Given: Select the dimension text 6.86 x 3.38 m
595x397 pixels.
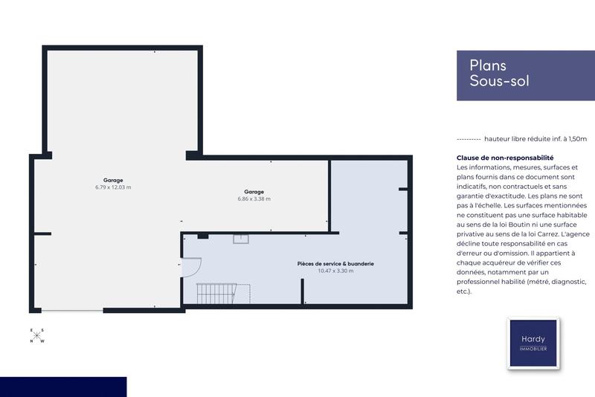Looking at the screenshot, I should [254, 199].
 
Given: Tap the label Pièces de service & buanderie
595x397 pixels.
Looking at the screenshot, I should [335, 263].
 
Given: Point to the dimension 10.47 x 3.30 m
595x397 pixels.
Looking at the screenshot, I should [335, 271].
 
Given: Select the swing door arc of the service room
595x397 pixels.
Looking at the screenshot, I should [193, 268].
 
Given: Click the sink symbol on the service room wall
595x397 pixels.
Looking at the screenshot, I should [240, 239].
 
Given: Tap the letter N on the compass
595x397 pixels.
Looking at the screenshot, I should [31, 341].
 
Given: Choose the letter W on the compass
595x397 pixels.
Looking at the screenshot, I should [42, 341].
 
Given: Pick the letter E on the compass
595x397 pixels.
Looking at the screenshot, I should [31, 330].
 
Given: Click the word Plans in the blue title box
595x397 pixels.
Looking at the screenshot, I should [488, 65].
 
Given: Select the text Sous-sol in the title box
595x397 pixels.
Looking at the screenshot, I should [499, 82].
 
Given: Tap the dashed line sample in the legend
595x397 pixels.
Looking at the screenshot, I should [468, 139].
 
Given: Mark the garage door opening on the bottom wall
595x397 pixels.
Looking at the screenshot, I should [71, 311].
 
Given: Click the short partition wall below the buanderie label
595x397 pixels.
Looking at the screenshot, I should [303, 291].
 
